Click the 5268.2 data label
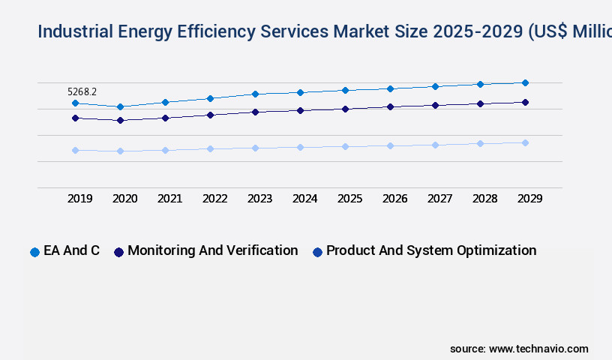pos(82,91)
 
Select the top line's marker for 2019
pos(75,103)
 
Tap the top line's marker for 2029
pos(525,82)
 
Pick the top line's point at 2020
pos(120,106)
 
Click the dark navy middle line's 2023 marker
pos(255,112)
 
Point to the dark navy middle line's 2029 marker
pos(525,102)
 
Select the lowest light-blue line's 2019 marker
pos(75,150)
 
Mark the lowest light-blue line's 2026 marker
pos(390,145)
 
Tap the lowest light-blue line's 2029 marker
pos(525,142)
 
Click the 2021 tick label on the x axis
pos(169,199)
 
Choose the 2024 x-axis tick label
pos(304,199)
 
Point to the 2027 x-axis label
pos(439,199)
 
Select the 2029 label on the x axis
pos(529,199)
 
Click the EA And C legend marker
pos(34,252)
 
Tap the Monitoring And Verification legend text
pos(212,250)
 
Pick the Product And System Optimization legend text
pos(431,250)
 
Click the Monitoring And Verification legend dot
pos(118,252)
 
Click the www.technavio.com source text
pos(538,349)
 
